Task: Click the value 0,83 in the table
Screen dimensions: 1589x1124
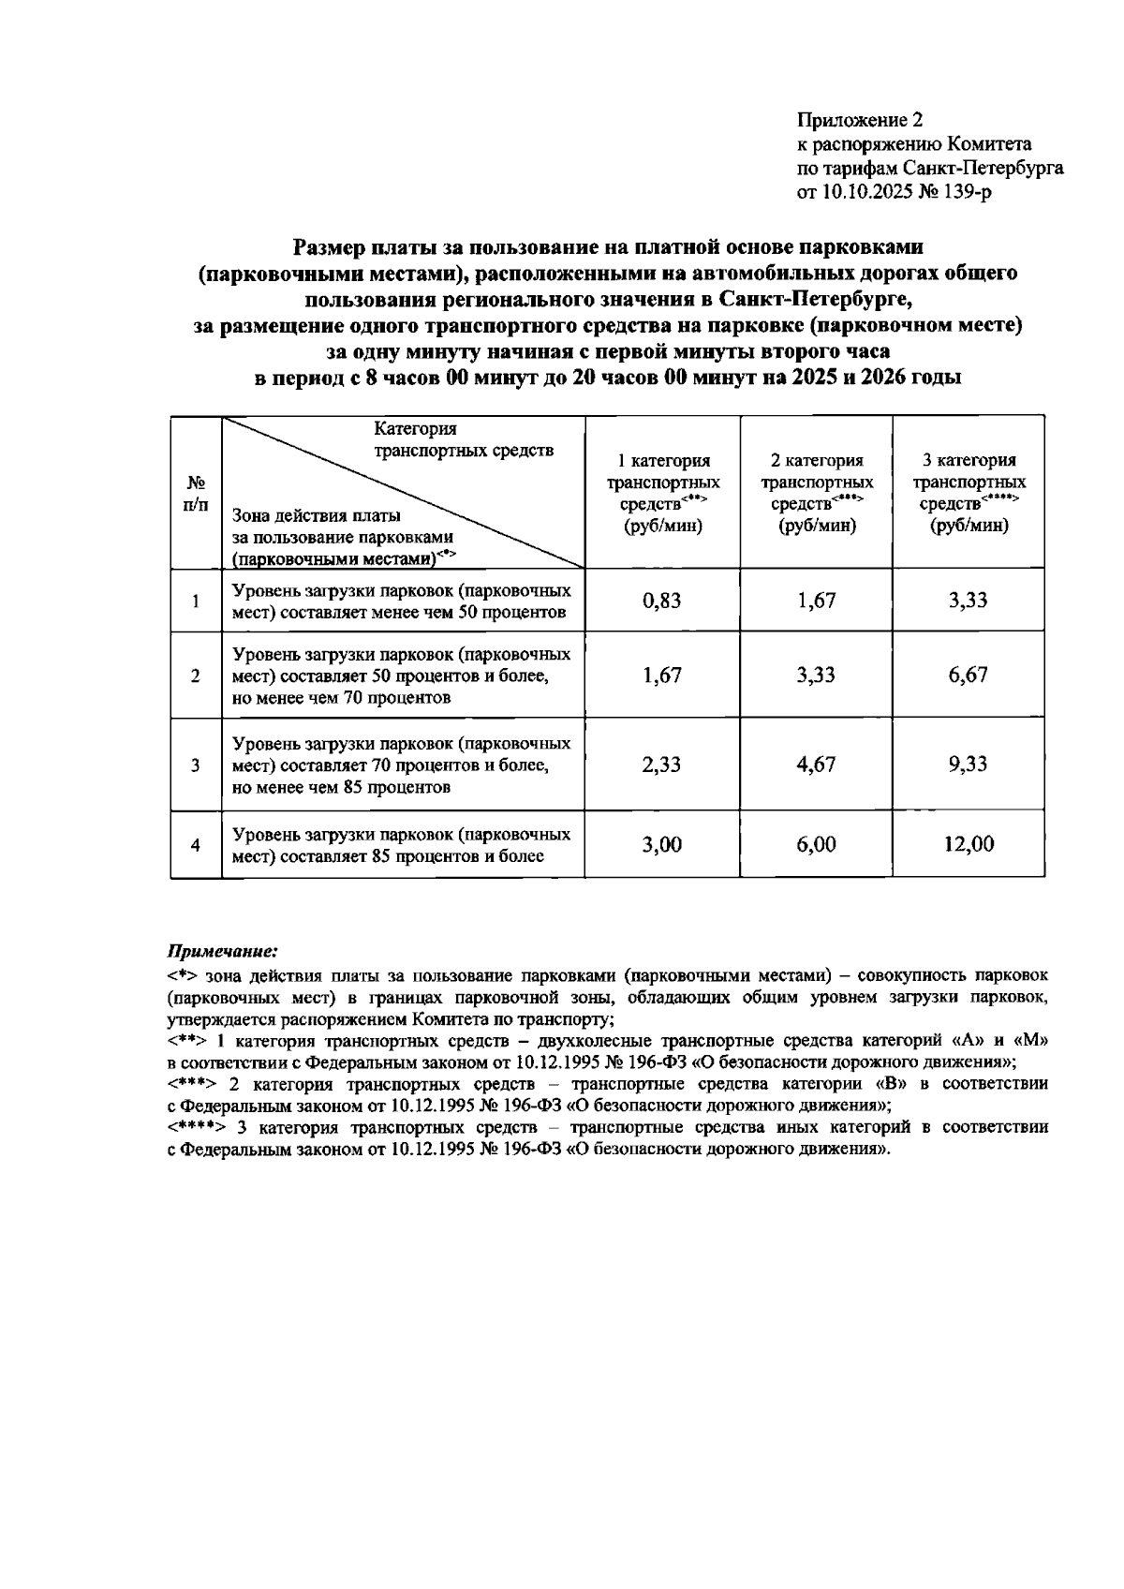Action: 661,601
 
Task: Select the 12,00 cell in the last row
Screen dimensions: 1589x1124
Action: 969,844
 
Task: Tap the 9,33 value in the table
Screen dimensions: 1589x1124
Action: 968,765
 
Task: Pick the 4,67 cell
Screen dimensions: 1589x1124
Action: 816,765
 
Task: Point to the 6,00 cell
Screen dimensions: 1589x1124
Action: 816,844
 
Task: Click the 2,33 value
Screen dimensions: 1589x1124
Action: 661,765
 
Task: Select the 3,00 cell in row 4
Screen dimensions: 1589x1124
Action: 661,844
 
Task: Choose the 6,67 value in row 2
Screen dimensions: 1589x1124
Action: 968,675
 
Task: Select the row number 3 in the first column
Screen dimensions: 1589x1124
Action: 196,765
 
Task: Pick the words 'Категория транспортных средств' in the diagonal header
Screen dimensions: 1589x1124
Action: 463,439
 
